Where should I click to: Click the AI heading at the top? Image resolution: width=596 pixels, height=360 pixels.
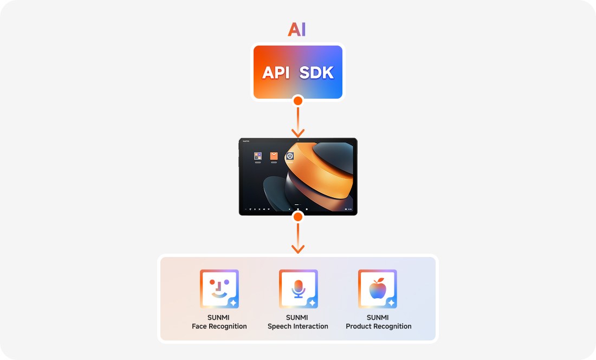(x=297, y=29)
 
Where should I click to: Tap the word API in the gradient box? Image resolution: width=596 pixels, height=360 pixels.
(x=276, y=73)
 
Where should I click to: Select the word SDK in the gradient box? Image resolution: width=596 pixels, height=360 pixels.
(x=317, y=73)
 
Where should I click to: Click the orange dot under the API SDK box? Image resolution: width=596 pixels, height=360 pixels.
(x=297, y=100)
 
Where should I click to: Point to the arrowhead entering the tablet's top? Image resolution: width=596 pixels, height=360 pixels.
(x=297, y=133)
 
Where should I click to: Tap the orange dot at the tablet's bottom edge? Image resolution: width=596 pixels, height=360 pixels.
(x=297, y=217)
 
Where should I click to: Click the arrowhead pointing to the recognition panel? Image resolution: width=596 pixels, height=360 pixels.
(x=297, y=249)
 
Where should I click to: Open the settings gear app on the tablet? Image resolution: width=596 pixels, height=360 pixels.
(x=290, y=156)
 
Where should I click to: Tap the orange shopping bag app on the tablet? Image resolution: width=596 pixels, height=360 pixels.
(x=274, y=156)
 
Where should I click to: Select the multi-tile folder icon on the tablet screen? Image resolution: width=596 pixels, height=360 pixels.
(x=258, y=156)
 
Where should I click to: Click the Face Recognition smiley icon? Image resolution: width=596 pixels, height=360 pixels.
(x=219, y=289)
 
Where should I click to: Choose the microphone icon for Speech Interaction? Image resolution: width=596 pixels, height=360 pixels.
(x=298, y=289)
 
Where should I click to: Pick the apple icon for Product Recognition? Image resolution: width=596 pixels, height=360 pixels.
(x=377, y=289)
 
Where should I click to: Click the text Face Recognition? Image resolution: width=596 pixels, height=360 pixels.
(x=219, y=326)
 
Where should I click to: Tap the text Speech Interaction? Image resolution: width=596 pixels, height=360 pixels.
(x=298, y=326)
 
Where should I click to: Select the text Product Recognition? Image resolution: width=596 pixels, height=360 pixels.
(x=379, y=326)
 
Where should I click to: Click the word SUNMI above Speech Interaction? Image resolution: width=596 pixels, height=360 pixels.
(x=297, y=318)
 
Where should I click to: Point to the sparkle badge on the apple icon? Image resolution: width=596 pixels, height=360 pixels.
(x=391, y=303)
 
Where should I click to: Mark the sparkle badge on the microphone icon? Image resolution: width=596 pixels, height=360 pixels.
(x=312, y=303)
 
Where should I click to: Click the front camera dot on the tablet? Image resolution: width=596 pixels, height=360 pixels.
(x=297, y=140)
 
